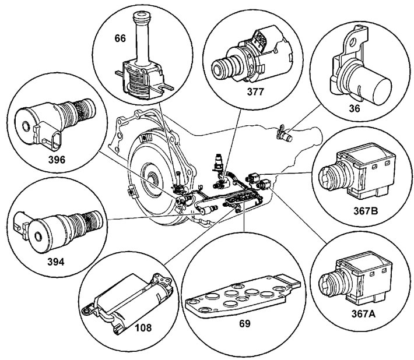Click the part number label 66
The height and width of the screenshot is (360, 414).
[x=120, y=38]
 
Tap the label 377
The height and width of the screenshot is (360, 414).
[x=255, y=91]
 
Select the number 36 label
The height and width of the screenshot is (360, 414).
[x=355, y=108]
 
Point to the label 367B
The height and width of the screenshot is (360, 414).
[x=366, y=211]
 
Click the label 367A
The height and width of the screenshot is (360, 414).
[x=363, y=314]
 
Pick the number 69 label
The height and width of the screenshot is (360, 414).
[x=244, y=323]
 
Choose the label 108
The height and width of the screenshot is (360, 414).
[x=143, y=327]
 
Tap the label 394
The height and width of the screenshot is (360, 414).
[x=56, y=262]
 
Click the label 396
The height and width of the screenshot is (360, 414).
[x=57, y=160]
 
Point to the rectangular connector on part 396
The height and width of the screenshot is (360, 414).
[x=55, y=139]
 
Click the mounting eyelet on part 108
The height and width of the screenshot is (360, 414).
[x=86, y=310]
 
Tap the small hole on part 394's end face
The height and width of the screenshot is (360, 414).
[x=38, y=237]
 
